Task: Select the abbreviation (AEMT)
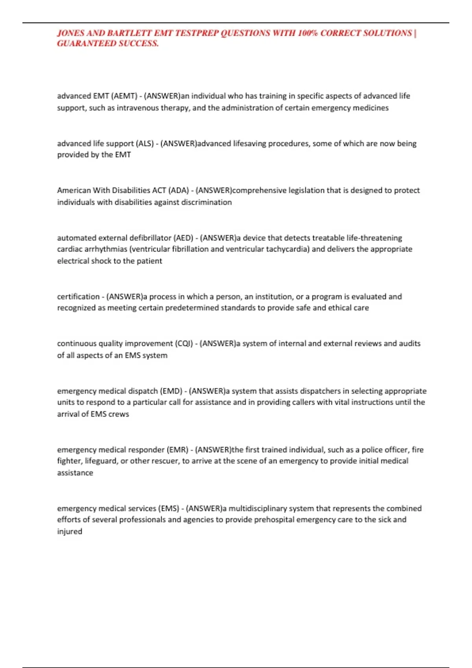[x=124, y=96]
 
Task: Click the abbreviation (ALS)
[x=145, y=143]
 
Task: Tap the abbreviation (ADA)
[x=179, y=191]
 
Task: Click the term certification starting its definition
[x=78, y=297]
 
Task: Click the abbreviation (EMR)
[x=177, y=450]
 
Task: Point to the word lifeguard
[x=100, y=461]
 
